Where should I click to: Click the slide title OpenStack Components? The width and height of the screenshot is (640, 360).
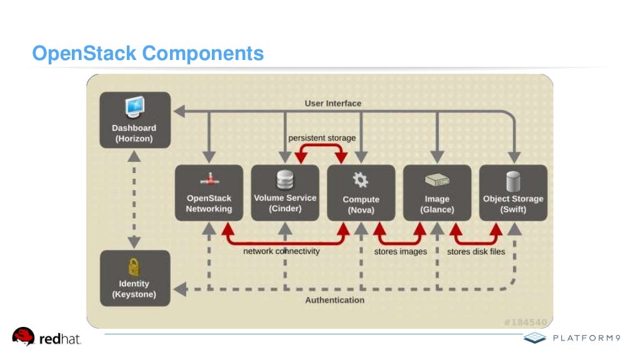coord(147,54)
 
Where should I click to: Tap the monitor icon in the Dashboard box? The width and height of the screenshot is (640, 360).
coord(134,107)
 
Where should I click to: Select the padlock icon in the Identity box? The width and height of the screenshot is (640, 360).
coord(134,267)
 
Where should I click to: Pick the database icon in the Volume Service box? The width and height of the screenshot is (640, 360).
coord(285,180)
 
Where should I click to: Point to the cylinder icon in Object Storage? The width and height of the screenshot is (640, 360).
coord(513,181)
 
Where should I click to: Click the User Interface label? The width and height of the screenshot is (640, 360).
coord(332,103)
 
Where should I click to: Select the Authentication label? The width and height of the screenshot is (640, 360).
coord(334,300)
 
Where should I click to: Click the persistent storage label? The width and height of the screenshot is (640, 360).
coord(322,137)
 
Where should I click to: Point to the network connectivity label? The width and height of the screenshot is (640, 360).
coord(281,251)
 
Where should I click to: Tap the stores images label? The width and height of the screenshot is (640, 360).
coord(401,252)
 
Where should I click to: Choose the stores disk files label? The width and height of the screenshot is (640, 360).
coord(476,252)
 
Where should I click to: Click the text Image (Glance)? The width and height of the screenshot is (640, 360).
coord(437,204)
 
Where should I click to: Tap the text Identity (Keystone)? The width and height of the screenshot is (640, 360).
coord(134,289)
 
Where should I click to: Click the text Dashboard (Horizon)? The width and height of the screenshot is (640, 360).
coord(134,133)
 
